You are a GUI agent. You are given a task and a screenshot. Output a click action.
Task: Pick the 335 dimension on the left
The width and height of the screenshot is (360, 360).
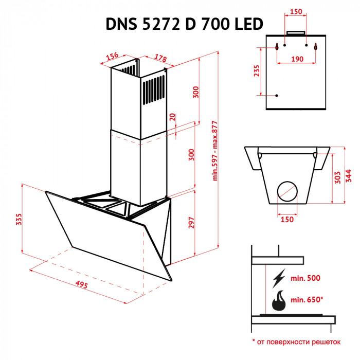click(19, 220)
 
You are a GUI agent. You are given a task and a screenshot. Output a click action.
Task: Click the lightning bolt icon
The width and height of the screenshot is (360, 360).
click(279, 278)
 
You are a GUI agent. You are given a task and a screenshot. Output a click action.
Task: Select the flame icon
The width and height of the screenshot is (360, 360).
click(279, 301)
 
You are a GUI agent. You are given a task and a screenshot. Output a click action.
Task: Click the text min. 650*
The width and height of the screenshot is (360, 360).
click(308, 299)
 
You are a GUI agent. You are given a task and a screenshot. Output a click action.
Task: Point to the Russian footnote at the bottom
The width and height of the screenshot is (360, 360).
click(296, 341)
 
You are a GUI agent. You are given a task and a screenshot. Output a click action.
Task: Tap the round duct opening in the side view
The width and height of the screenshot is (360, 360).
click(287, 192)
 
